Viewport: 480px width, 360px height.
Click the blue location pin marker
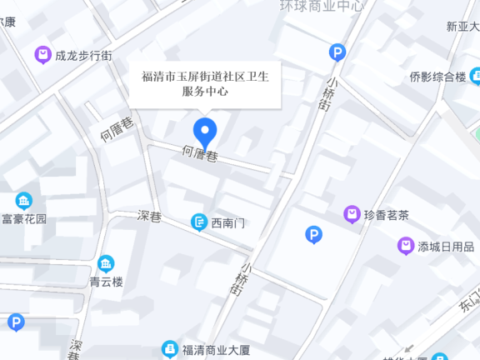[205, 132]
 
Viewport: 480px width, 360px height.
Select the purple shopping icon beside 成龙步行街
[42, 56]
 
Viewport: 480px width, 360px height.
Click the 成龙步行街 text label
[83, 56]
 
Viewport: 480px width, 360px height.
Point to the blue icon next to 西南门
[199, 222]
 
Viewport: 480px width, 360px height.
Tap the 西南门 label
[228, 222]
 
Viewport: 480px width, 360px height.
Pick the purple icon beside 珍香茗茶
[352, 214]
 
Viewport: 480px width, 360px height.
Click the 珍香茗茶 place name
[387, 214]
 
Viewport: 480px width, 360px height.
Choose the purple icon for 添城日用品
[406, 246]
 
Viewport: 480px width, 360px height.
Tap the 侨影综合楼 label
[437, 77]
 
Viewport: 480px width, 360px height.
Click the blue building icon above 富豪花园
[24, 201]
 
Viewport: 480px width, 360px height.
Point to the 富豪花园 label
[24, 219]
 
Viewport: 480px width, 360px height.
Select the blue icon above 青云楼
[106, 264]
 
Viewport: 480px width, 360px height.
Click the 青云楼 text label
[106, 282]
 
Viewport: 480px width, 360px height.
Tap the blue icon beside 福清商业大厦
[170, 348]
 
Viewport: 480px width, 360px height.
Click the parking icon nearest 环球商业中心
[337, 52]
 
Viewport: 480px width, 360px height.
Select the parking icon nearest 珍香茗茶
[313, 235]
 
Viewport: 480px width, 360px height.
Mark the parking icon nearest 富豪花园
[16, 322]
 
